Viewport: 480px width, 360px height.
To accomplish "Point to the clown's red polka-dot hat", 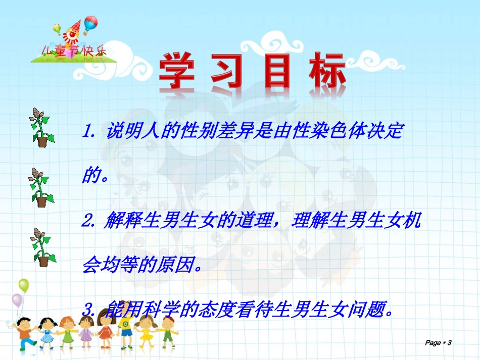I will point(75,25).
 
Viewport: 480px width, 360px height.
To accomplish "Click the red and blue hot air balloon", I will point(90,24).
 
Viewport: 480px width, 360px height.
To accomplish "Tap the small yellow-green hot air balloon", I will point(57,28).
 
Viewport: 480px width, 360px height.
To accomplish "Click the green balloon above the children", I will point(24,286).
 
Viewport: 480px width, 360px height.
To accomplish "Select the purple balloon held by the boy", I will point(17,300).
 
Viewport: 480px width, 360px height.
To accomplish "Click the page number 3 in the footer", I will point(449,343).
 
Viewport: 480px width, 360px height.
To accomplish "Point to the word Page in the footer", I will point(433,343).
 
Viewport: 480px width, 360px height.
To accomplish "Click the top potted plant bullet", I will point(40,127).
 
